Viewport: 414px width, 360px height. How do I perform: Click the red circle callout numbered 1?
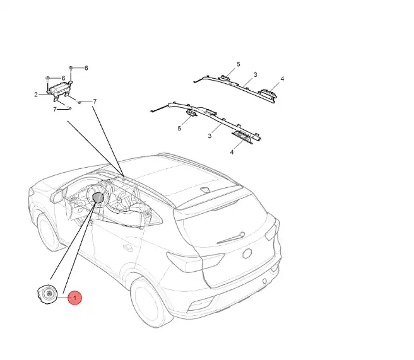pos(74,298)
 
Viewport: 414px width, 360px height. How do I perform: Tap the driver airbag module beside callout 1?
pos(47,294)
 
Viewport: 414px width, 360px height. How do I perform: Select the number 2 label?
pos(36,95)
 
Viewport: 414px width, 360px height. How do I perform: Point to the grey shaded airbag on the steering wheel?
pos(98,197)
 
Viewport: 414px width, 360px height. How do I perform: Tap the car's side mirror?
pos(57,195)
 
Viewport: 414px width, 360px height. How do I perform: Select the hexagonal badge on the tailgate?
pos(247,253)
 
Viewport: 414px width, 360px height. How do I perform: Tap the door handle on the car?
pos(128,247)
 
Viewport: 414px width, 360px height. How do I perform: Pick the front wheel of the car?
pos(49,233)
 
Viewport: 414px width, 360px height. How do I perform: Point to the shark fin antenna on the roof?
pos(205,189)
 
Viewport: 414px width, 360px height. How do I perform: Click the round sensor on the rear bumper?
pos(264,281)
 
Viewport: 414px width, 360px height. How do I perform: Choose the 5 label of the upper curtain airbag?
pos(239,64)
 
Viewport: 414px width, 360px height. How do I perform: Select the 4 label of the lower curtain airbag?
pos(232,152)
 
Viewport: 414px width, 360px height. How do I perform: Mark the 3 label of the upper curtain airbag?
pos(256,75)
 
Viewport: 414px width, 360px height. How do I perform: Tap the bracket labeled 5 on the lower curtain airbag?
pos(191,113)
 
